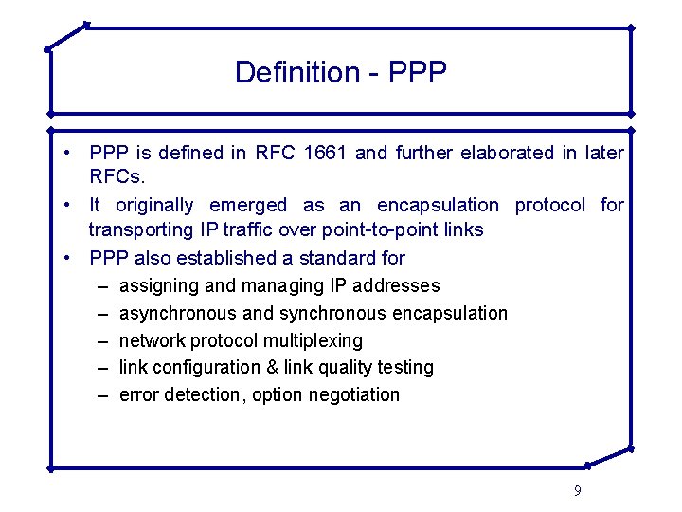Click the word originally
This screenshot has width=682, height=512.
tap(154, 205)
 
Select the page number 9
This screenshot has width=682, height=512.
tap(578, 490)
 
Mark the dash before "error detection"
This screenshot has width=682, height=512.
tap(99, 394)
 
